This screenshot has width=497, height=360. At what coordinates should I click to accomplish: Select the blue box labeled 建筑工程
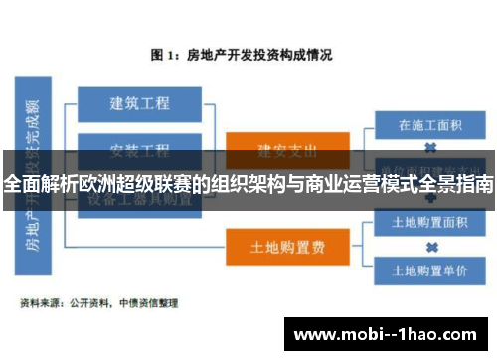(139, 102)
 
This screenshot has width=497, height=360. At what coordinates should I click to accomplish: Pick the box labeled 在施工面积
(429, 126)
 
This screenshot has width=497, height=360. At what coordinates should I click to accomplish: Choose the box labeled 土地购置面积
(429, 222)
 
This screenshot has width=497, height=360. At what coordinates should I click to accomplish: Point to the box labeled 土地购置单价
(429, 270)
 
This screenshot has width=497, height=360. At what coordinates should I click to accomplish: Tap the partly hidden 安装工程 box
(139, 150)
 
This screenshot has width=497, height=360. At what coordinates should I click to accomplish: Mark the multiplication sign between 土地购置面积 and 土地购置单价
(430, 246)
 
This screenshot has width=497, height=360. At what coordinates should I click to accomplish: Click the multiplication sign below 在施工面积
(430, 146)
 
